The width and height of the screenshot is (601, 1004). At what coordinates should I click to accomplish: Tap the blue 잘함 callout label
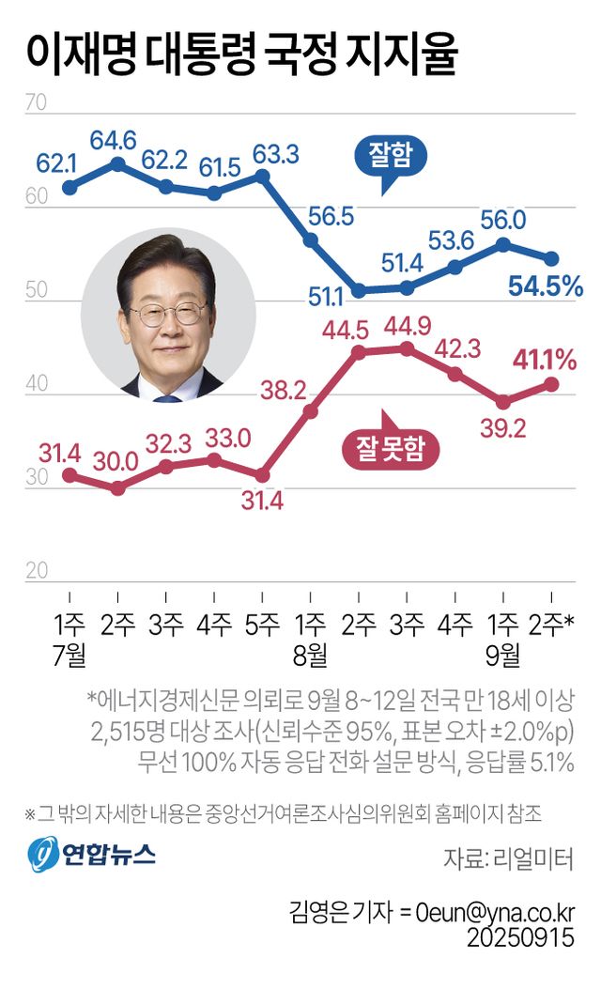coord(390,156)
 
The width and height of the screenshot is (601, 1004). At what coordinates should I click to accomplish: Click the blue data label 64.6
coord(115,141)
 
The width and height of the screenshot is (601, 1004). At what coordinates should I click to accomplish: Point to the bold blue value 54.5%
coord(546,285)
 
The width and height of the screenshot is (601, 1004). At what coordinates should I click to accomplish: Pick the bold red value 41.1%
coord(544,359)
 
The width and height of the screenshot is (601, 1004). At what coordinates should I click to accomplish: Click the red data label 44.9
coord(406,328)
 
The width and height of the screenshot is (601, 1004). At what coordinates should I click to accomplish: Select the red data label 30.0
coord(116,462)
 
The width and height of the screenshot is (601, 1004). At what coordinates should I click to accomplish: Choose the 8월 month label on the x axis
coord(310,654)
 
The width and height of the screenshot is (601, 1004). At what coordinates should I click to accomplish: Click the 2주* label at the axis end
coord(555,624)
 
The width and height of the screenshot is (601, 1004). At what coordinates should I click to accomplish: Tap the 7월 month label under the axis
coord(69,654)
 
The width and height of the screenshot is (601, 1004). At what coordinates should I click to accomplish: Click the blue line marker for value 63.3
coord(262,176)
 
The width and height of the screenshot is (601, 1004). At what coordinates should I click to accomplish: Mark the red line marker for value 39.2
coord(502,402)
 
